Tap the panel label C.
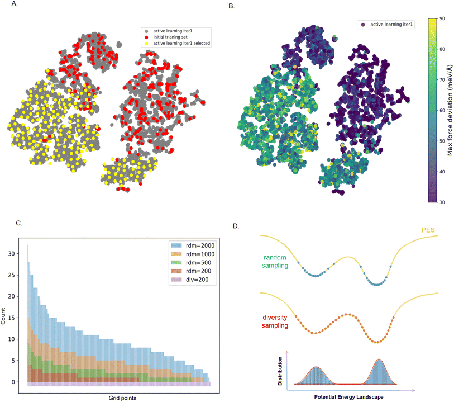point(19,223)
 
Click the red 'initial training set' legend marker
point(146,36)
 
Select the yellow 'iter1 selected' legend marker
point(146,42)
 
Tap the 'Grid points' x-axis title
point(119,398)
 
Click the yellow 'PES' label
point(428,244)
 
